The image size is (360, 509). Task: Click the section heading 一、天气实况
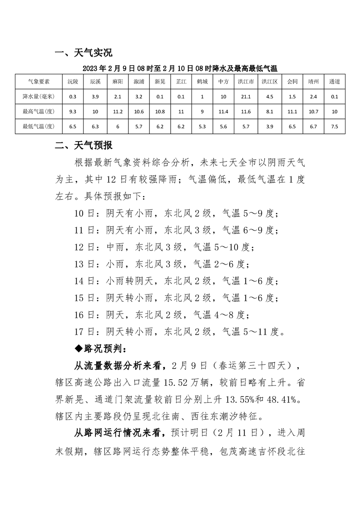[83, 53]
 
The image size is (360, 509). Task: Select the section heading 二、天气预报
[83, 146]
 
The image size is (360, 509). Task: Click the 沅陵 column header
[73, 82]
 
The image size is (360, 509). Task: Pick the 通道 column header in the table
[335, 82]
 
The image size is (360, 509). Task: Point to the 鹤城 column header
[202, 82]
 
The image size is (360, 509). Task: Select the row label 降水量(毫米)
[39, 97]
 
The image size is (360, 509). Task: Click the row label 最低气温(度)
[39, 126]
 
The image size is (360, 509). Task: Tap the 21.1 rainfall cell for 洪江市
[246, 97]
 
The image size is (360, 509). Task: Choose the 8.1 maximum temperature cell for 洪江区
[270, 112]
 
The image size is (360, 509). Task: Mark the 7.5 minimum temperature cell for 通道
[335, 126]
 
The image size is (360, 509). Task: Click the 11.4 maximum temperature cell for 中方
[223, 112]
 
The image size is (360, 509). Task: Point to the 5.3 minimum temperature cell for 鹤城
[202, 126]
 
